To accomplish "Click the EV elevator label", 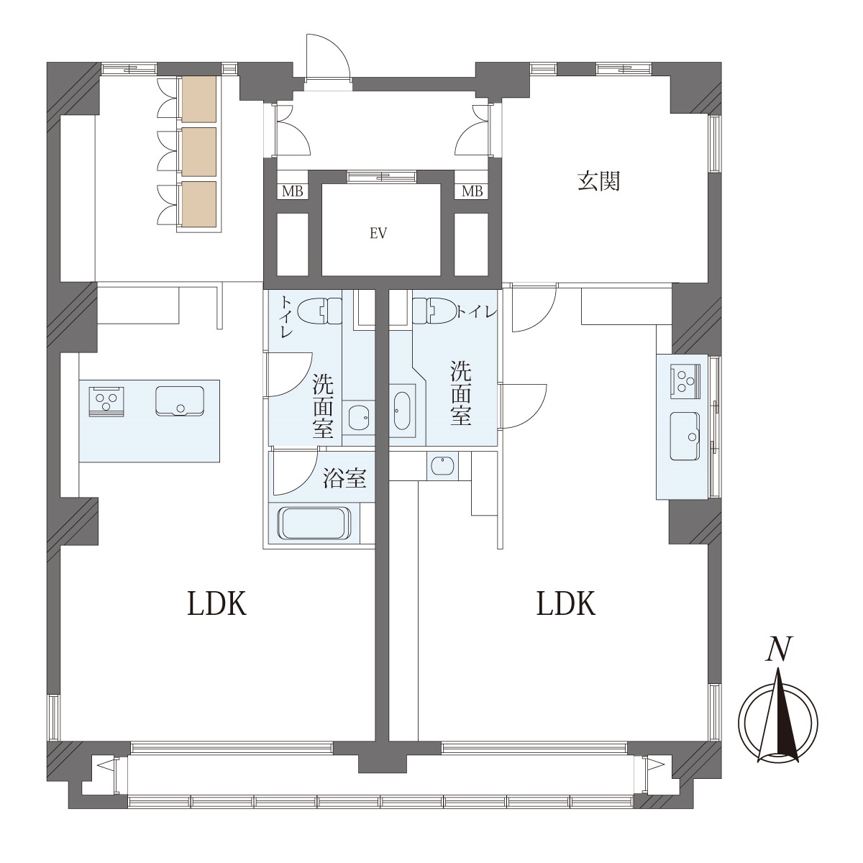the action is pyautogui.click(x=378, y=233).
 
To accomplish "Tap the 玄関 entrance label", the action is pyautogui.click(x=598, y=182).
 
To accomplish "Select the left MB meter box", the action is pyautogui.click(x=293, y=191).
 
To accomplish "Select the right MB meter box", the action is pyautogui.click(x=472, y=191).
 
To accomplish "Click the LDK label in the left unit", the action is pyautogui.click(x=216, y=603).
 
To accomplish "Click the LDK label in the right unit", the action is pyautogui.click(x=566, y=603).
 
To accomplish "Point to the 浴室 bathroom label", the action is pyautogui.click(x=345, y=478).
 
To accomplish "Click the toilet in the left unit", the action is pyautogui.click(x=319, y=311).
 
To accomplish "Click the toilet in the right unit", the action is pyautogui.click(x=434, y=311).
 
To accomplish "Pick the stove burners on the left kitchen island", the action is pyautogui.click(x=106, y=401).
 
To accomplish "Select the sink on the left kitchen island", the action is pyautogui.click(x=180, y=401).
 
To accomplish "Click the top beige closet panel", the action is pyautogui.click(x=199, y=99).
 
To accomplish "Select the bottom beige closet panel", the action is pyautogui.click(x=199, y=204).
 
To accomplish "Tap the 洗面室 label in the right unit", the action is pyautogui.click(x=461, y=393).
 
